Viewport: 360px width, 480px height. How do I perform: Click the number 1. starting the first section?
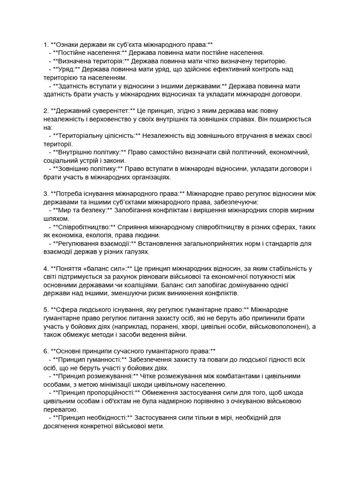[x=46, y=45]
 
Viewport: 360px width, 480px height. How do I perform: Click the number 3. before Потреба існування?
[x=46, y=194]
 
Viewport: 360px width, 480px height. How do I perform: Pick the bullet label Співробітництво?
[x=84, y=227]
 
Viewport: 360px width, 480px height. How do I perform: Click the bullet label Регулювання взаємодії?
[x=94, y=244]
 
